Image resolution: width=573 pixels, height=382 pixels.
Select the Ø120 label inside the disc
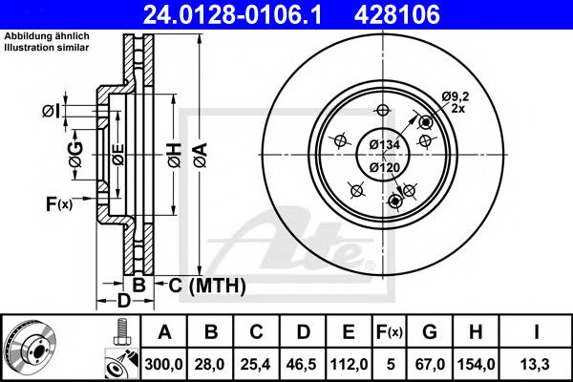point(384,168)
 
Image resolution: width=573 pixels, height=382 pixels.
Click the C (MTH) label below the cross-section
point(207,285)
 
